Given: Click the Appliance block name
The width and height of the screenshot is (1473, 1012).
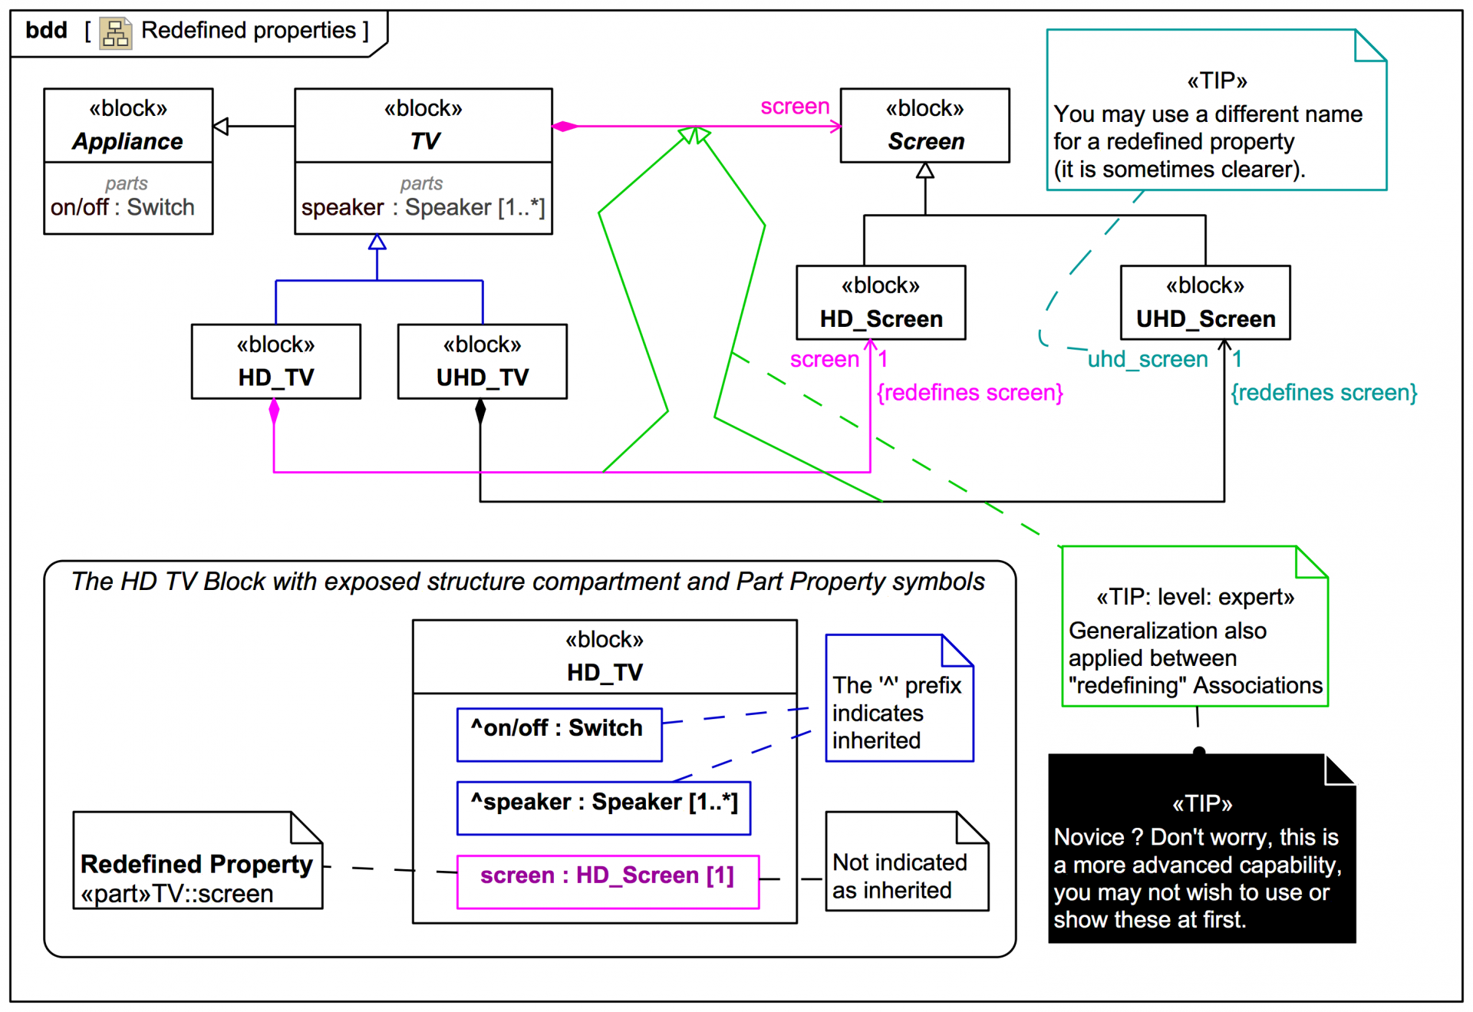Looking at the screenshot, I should click(x=128, y=141).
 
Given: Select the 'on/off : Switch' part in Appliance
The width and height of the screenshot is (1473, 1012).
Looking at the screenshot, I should click(x=123, y=207).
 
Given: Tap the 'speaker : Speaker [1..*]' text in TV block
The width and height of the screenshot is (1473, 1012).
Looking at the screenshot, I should click(x=423, y=207).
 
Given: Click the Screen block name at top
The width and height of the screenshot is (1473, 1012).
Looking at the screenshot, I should click(x=926, y=141).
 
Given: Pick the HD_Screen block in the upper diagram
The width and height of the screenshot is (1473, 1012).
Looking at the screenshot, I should click(x=881, y=303).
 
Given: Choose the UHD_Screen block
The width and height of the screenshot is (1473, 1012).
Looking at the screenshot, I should click(x=1205, y=303).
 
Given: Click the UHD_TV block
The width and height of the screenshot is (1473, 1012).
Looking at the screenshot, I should click(x=482, y=361).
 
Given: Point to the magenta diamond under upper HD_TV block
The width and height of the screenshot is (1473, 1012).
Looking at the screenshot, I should click(x=274, y=411).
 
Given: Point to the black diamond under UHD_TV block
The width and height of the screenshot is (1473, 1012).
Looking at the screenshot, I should click(x=480, y=411).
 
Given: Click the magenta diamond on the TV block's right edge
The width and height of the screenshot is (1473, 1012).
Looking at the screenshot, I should click(x=565, y=127).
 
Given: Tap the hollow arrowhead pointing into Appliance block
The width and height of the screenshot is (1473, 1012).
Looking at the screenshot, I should click(x=221, y=127).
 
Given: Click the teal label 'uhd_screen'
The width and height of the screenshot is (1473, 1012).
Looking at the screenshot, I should click(x=1148, y=359).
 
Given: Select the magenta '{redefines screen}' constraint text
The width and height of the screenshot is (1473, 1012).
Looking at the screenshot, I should click(x=970, y=393).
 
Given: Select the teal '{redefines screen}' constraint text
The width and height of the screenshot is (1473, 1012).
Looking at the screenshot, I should click(x=1324, y=393).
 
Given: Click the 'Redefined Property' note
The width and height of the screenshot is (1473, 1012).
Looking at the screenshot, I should click(x=197, y=862).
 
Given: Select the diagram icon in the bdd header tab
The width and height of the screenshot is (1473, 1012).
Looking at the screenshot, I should click(x=116, y=33).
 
